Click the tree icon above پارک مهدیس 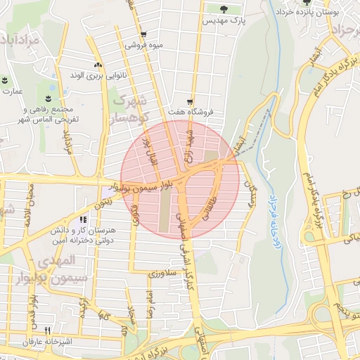224,9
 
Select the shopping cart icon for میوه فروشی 143,34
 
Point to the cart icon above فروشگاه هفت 190,101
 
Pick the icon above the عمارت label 4,80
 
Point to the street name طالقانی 209,207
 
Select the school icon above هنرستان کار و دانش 83,220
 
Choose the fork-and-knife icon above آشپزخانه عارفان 49,330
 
